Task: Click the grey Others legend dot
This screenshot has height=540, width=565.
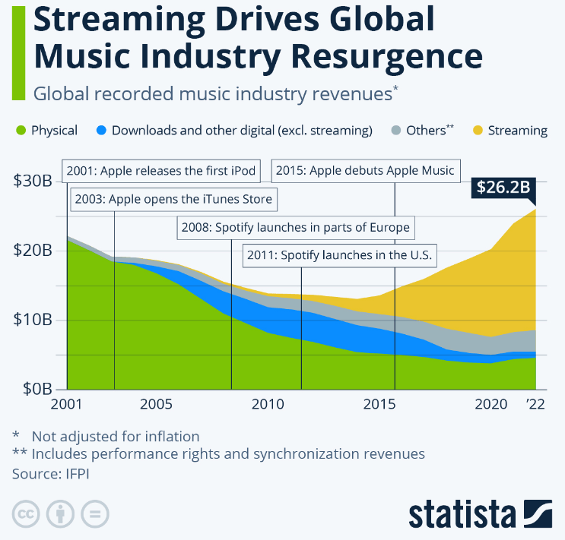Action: click(x=395, y=131)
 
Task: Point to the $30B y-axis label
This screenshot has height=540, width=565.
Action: click(x=32, y=182)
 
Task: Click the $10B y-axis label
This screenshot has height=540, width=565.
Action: click(x=32, y=320)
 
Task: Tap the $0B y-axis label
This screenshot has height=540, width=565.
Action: click(x=35, y=389)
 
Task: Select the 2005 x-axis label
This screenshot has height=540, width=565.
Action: click(x=155, y=403)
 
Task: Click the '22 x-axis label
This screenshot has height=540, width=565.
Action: click(x=537, y=403)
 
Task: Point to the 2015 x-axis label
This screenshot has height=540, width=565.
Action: click(x=378, y=403)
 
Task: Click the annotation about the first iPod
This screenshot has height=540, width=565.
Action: click(x=161, y=170)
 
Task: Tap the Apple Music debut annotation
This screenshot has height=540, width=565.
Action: click(x=365, y=170)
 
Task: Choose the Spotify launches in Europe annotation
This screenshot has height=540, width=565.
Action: click(x=295, y=227)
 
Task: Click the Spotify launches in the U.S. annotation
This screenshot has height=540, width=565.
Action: click(x=339, y=255)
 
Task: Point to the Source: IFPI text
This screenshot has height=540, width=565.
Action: click(x=47, y=473)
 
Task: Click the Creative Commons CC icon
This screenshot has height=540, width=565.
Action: click(x=26, y=514)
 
